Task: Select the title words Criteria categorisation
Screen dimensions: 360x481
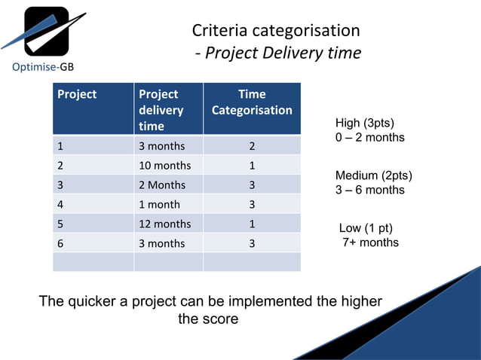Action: click(275, 31)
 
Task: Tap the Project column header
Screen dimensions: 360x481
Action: click(77, 94)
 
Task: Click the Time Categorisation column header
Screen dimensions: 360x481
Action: click(252, 102)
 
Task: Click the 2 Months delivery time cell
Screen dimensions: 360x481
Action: click(162, 185)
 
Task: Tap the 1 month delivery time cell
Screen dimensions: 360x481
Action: click(160, 204)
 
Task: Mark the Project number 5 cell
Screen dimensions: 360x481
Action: click(60, 224)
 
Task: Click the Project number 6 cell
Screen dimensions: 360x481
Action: click(60, 243)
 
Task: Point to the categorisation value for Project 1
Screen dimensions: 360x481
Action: click(252, 145)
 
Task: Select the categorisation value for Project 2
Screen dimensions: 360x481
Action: click(252, 165)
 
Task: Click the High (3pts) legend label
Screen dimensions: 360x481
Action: click(365, 124)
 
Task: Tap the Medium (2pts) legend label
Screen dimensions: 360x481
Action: click(373, 175)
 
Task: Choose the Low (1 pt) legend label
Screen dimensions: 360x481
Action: click(366, 228)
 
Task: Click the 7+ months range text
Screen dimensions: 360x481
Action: click(370, 243)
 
